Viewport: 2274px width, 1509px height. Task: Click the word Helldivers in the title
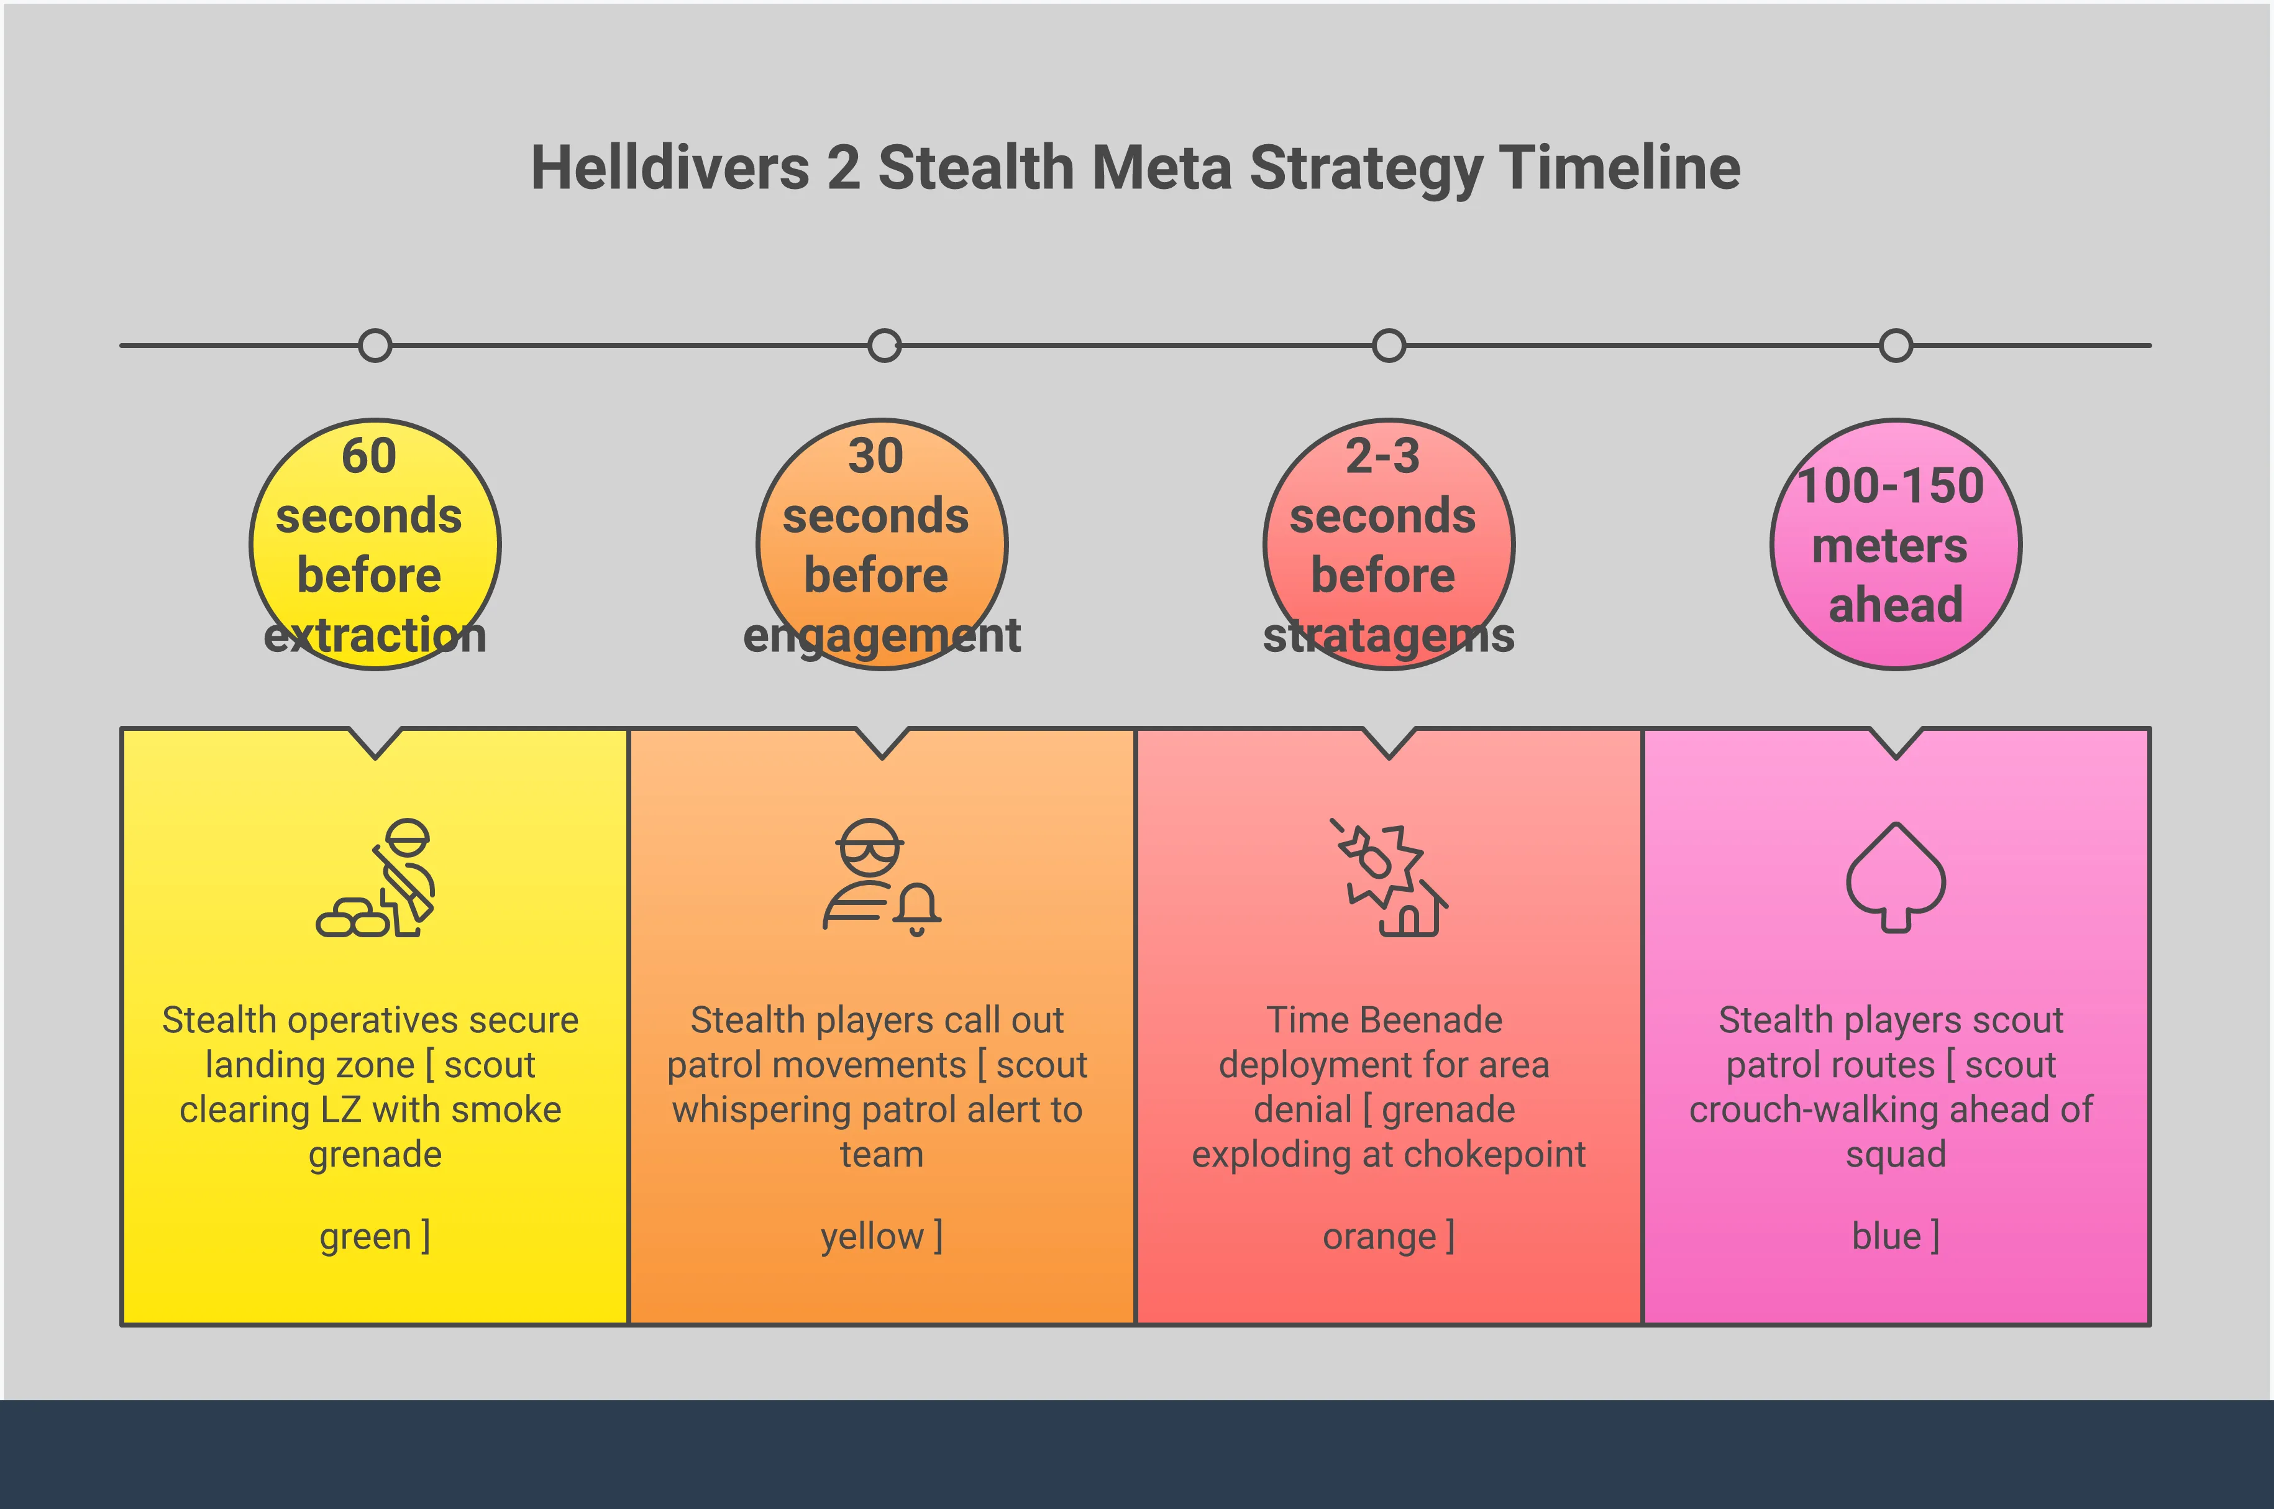point(670,168)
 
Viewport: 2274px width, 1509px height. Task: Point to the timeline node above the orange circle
point(883,346)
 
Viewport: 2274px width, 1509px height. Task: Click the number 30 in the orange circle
point(875,456)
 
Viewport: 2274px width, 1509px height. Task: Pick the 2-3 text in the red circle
point(1382,456)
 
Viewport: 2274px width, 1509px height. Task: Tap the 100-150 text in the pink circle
point(1890,486)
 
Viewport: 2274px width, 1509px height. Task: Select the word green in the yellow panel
point(365,1236)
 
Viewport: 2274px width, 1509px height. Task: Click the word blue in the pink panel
point(1886,1236)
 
